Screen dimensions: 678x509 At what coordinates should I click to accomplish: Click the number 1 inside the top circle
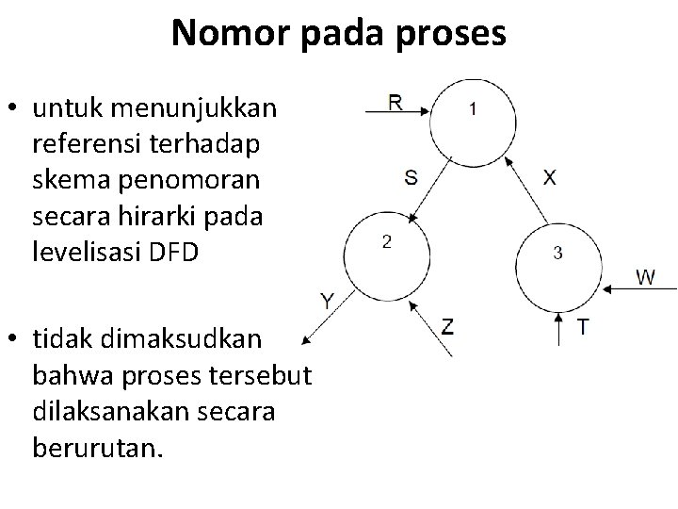click(x=473, y=108)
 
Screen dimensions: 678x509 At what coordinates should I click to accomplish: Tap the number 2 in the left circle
click(x=385, y=242)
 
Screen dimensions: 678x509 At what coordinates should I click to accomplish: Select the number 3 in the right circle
click(x=557, y=252)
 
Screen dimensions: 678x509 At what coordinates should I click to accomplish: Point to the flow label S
click(x=412, y=176)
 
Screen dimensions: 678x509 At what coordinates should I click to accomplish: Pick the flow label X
click(x=549, y=177)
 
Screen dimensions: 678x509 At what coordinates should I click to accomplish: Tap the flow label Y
click(x=327, y=302)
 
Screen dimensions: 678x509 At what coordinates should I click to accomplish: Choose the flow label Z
click(x=448, y=327)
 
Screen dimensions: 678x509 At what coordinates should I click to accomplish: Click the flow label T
click(x=584, y=326)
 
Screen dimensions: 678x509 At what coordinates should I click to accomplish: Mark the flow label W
click(x=646, y=277)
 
